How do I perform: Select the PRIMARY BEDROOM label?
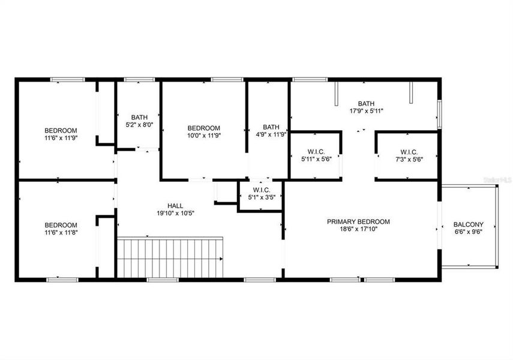358,221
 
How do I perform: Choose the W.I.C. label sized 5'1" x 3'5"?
261,188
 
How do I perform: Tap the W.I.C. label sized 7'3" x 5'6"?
405,152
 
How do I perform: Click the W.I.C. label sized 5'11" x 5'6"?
315,152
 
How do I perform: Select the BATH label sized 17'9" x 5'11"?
366,103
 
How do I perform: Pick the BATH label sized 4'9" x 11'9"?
271,127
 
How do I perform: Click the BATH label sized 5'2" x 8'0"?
139,117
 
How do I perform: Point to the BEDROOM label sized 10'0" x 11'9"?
204,128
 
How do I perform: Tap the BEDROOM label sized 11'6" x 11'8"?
61,225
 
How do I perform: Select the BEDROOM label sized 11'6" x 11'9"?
61,130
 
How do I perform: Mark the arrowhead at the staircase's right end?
221,259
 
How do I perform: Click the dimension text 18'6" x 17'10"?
358,229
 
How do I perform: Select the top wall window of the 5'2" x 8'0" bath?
139,79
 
